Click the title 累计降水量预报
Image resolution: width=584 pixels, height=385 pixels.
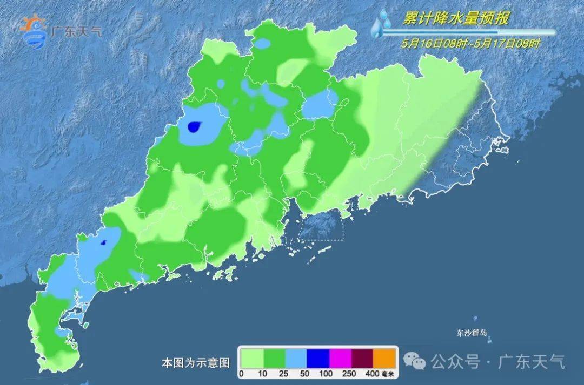point(455,19)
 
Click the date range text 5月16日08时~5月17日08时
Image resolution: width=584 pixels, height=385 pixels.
point(470,44)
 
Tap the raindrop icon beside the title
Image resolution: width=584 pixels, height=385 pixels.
point(382,25)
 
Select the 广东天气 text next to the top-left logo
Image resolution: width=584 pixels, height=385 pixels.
point(76,31)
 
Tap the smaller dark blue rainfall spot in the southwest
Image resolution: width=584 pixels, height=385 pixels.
point(104,243)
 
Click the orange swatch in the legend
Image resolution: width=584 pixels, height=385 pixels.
point(385,358)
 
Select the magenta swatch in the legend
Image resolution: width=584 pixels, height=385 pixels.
point(341,358)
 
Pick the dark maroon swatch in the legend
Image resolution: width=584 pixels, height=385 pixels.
point(363,358)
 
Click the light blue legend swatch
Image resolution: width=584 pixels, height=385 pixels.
point(296,358)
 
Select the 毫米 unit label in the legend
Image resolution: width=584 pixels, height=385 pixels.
point(389,373)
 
